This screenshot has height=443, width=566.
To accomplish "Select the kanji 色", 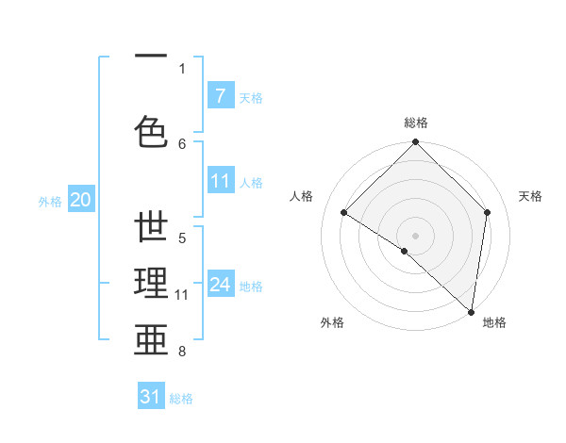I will click(152, 131).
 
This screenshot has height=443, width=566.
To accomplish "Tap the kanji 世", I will click(152, 229).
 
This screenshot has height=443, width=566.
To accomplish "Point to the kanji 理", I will click(152, 284).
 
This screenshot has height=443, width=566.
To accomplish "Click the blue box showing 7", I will click(220, 95).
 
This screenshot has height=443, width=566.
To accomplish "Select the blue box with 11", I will click(220, 180).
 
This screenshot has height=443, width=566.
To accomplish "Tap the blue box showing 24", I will click(220, 284).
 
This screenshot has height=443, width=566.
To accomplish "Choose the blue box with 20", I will click(80, 199).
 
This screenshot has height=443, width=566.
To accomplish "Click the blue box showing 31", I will click(150, 397).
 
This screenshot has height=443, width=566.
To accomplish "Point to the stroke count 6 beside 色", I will click(182, 143).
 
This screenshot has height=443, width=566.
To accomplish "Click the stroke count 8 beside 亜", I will click(182, 352).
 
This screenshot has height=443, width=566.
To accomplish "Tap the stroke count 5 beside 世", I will click(182, 238).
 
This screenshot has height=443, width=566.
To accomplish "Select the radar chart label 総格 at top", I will click(415, 123).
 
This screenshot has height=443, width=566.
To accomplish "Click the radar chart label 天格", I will click(530, 196).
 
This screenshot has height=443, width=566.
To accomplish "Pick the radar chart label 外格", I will click(332, 322).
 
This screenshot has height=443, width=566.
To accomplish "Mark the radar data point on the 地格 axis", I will click(471, 311).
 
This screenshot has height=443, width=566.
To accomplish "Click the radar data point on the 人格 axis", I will click(344, 213).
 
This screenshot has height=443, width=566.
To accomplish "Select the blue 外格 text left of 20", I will click(49, 201).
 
